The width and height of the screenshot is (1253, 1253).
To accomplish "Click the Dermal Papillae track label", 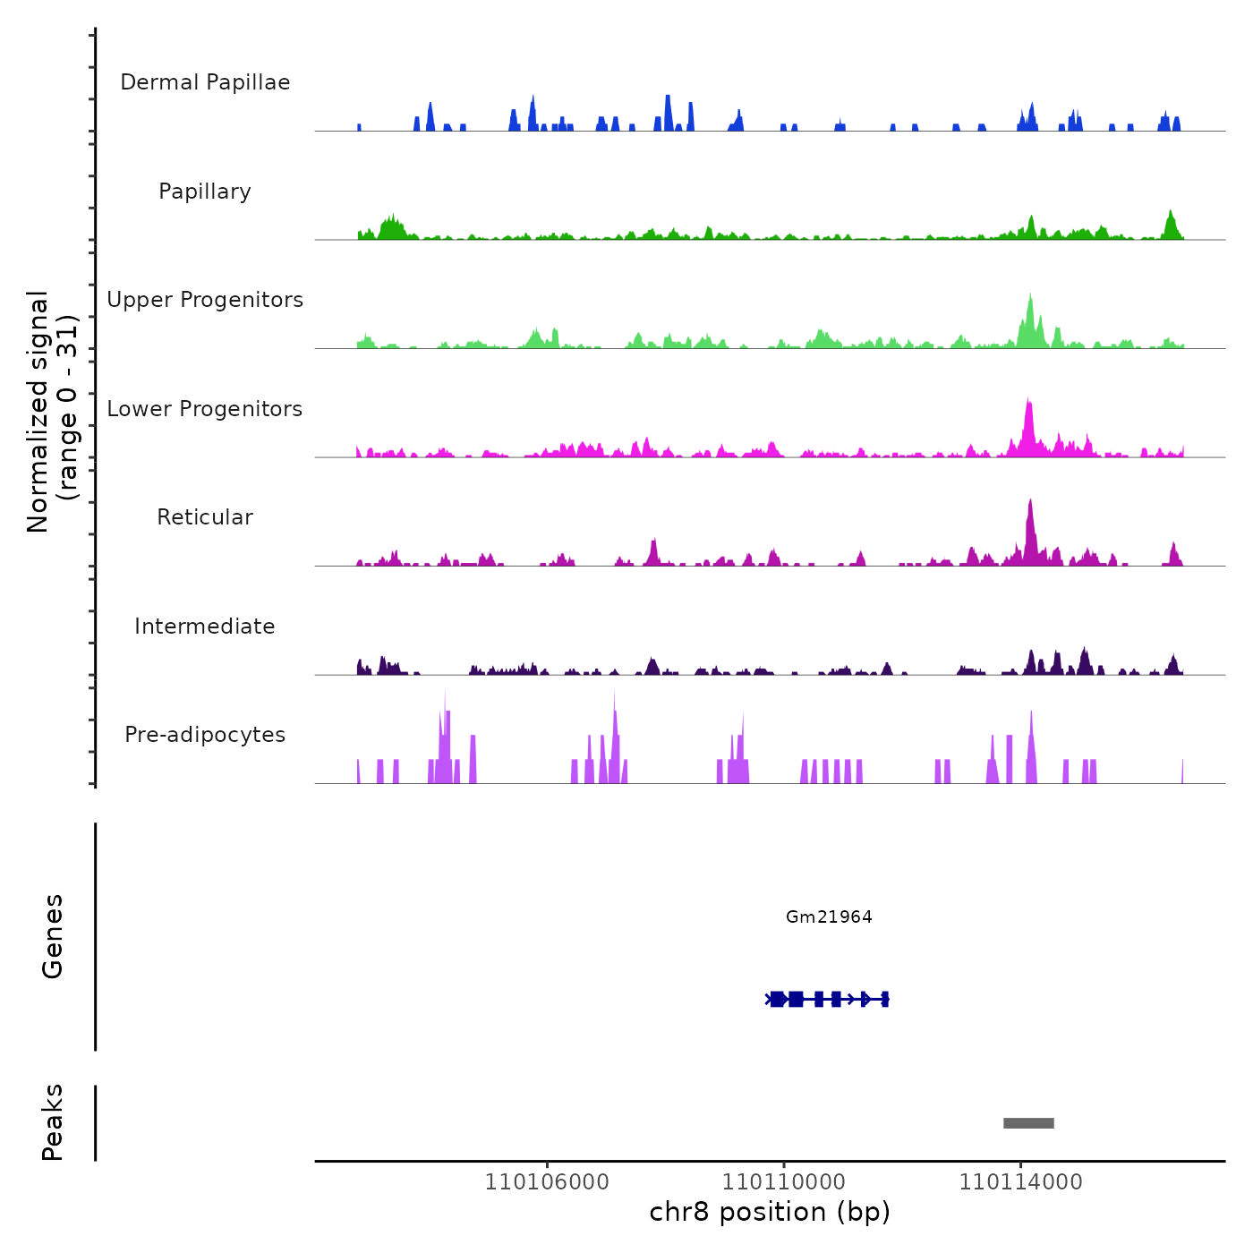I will [205, 82].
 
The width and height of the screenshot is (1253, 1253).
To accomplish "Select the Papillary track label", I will [205, 192].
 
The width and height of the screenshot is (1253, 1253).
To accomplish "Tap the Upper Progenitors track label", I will [205, 300].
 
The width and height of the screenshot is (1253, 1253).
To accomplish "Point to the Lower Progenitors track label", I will [205, 409].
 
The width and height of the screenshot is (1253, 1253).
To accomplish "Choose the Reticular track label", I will [205, 517].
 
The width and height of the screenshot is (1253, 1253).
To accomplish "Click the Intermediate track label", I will [205, 626].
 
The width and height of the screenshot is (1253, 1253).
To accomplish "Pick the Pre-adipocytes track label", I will [205, 735].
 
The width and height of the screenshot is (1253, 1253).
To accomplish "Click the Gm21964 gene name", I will [829, 916].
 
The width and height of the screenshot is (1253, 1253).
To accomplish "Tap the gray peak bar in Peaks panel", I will [1028, 1123].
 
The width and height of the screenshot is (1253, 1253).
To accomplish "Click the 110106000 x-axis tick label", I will [547, 1182].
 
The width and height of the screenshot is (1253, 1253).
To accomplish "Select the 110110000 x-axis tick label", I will [784, 1182].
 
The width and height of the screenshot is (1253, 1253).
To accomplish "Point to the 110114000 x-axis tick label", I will [1021, 1182].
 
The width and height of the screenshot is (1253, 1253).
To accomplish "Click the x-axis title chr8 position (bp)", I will [770, 1212].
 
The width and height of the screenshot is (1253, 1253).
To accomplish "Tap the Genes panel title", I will [53, 936].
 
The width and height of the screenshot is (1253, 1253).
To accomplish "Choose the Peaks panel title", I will [53, 1122].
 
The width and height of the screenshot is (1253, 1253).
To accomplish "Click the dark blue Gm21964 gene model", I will [827, 999].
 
